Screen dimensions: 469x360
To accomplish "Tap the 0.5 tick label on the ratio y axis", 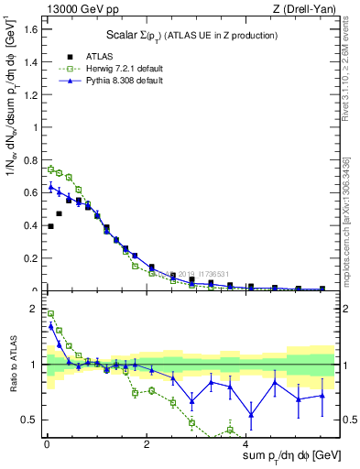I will point(29,420).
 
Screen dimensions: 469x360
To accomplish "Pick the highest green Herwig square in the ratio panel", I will point(51,313).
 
